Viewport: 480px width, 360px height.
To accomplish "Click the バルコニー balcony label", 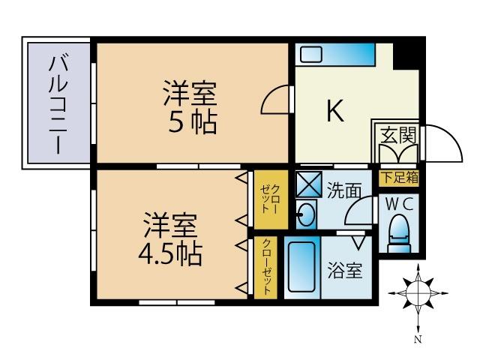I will [58, 103].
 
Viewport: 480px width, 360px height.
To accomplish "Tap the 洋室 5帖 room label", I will [191, 106].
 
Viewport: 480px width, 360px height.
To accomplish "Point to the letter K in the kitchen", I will [334, 111].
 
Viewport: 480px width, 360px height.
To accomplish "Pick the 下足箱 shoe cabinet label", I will [398, 178].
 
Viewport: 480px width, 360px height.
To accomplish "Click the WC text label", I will [398, 203].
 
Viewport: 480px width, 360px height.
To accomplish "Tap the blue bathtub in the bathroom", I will [302, 269].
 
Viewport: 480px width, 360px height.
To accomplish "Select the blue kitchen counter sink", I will [334, 55].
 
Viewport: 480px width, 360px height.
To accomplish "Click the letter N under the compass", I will [418, 339].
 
